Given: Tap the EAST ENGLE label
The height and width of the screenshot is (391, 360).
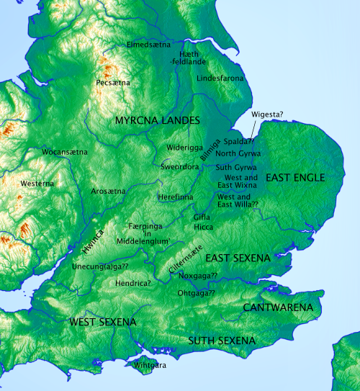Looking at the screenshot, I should pyautogui.click(x=295, y=177).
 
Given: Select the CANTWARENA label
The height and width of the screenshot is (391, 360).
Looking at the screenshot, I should pyautogui.click(x=278, y=307).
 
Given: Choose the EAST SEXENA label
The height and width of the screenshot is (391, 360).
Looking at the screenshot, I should pyautogui.click(x=238, y=258).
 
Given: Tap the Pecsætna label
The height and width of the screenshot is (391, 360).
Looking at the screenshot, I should pyautogui.click(x=113, y=84).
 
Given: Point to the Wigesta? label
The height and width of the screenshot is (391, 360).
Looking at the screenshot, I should pyautogui.click(x=267, y=114).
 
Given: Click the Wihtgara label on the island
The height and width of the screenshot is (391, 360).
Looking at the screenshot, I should pyautogui.click(x=150, y=365).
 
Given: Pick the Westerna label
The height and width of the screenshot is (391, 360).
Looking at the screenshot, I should pyautogui.click(x=37, y=184).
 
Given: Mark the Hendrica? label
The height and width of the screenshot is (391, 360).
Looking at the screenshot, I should pyautogui.click(x=132, y=284).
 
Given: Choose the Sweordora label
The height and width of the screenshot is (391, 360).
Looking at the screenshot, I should pyautogui.click(x=180, y=166).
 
